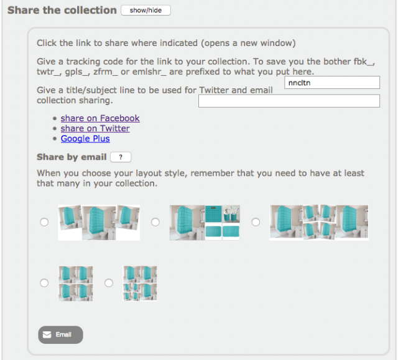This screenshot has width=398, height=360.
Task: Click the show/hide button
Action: click(x=146, y=11)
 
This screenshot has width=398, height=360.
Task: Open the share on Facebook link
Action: click(x=100, y=118)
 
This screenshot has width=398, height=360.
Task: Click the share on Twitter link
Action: click(x=95, y=128)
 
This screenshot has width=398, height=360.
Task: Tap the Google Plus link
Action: click(x=85, y=139)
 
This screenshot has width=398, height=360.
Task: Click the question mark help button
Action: click(x=121, y=157)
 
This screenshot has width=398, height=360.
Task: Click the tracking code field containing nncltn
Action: click(x=332, y=83)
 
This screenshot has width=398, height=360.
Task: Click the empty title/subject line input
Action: click(x=289, y=101)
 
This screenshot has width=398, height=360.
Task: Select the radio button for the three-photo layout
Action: click(x=44, y=222)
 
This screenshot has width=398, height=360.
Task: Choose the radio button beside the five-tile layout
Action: click(x=155, y=222)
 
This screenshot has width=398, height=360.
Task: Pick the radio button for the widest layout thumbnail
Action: click(x=256, y=222)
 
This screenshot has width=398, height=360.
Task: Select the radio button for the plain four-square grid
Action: click(x=44, y=283)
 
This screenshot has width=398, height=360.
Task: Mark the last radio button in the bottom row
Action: click(x=109, y=283)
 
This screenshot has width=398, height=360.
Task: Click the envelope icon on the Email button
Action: click(x=47, y=335)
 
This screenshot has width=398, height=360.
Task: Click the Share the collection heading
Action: click(x=62, y=10)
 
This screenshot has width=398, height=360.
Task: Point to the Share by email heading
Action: click(x=72, y=157)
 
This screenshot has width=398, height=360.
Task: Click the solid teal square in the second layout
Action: click(x=213, y=214)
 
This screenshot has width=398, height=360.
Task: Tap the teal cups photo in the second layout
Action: click(x=231, y=214)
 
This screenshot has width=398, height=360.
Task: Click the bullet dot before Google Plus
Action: click(x=55, y=139)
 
